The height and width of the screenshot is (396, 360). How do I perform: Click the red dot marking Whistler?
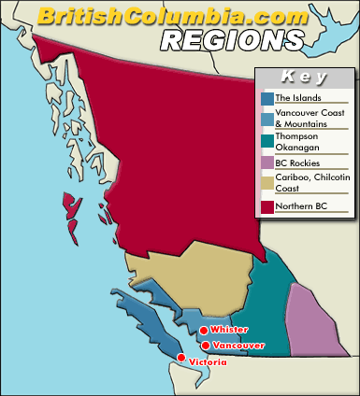coord(204,330)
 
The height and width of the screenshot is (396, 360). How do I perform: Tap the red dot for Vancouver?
coord(206,345)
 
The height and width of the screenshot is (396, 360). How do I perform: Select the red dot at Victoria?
coord(181,358)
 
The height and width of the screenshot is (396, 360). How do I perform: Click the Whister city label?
coord(230,330)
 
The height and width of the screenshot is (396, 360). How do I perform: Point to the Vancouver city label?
coord(238,346)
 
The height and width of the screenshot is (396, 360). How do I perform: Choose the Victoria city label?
coord(207,361)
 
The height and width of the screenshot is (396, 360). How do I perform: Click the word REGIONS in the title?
coord(232,39)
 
